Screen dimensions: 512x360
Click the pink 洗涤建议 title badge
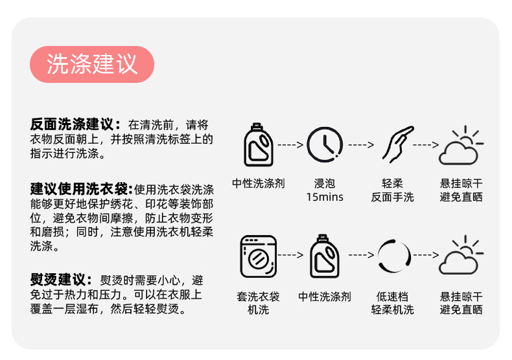(92, 64)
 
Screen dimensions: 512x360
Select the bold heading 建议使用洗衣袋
(81, 190)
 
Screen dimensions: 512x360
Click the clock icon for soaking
(325, 144)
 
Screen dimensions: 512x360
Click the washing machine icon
(259, 255)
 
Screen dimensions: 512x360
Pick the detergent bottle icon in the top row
(258, 144)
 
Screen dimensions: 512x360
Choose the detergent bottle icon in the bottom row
(325, 255)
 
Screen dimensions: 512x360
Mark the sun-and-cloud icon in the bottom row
(460, 255)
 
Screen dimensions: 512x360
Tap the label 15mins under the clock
(325, 197)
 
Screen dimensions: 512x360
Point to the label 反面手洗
(392, 197)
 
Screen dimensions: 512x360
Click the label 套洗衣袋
(258, 297)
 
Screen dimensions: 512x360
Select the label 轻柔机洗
(392, 309)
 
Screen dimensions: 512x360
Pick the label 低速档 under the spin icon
(392, 297)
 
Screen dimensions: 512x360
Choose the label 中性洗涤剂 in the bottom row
(325, 297)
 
